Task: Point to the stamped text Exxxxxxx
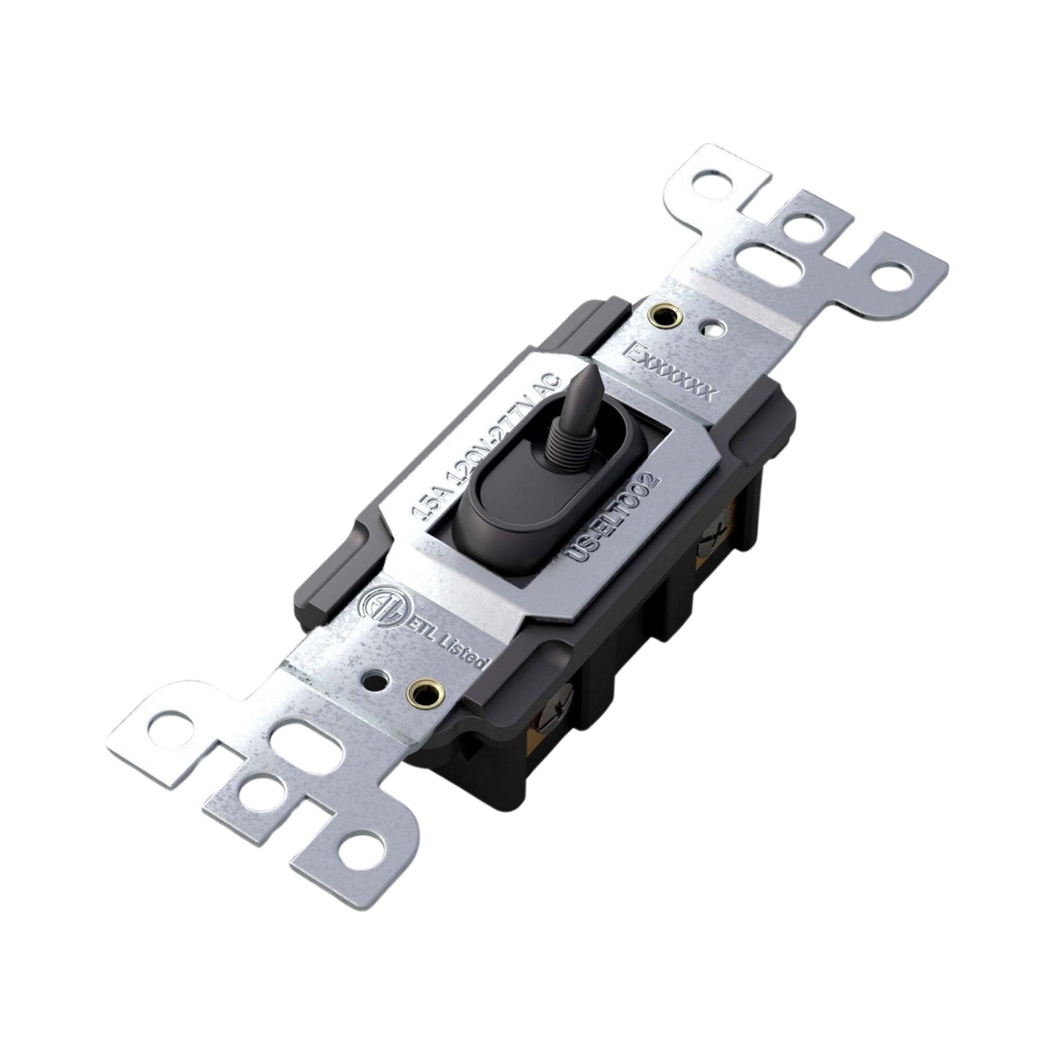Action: pyautogui.click(x=670, y=369)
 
